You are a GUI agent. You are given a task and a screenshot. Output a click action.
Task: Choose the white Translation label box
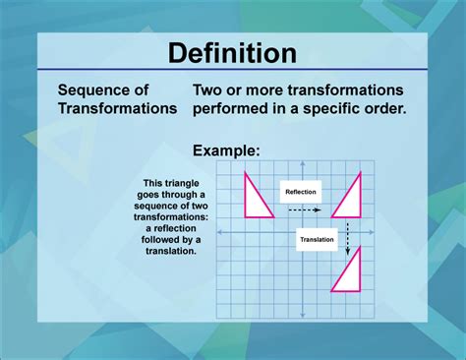[x=316, y=239]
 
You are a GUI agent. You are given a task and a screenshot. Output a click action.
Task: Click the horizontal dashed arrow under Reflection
[x=305, y=210]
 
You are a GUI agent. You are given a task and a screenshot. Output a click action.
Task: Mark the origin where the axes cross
[x=302, y=232]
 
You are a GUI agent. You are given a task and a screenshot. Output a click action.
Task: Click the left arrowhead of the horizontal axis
[x=218, y=232]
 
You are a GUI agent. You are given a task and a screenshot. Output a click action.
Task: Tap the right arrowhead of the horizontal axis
[x=385, y=232]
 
